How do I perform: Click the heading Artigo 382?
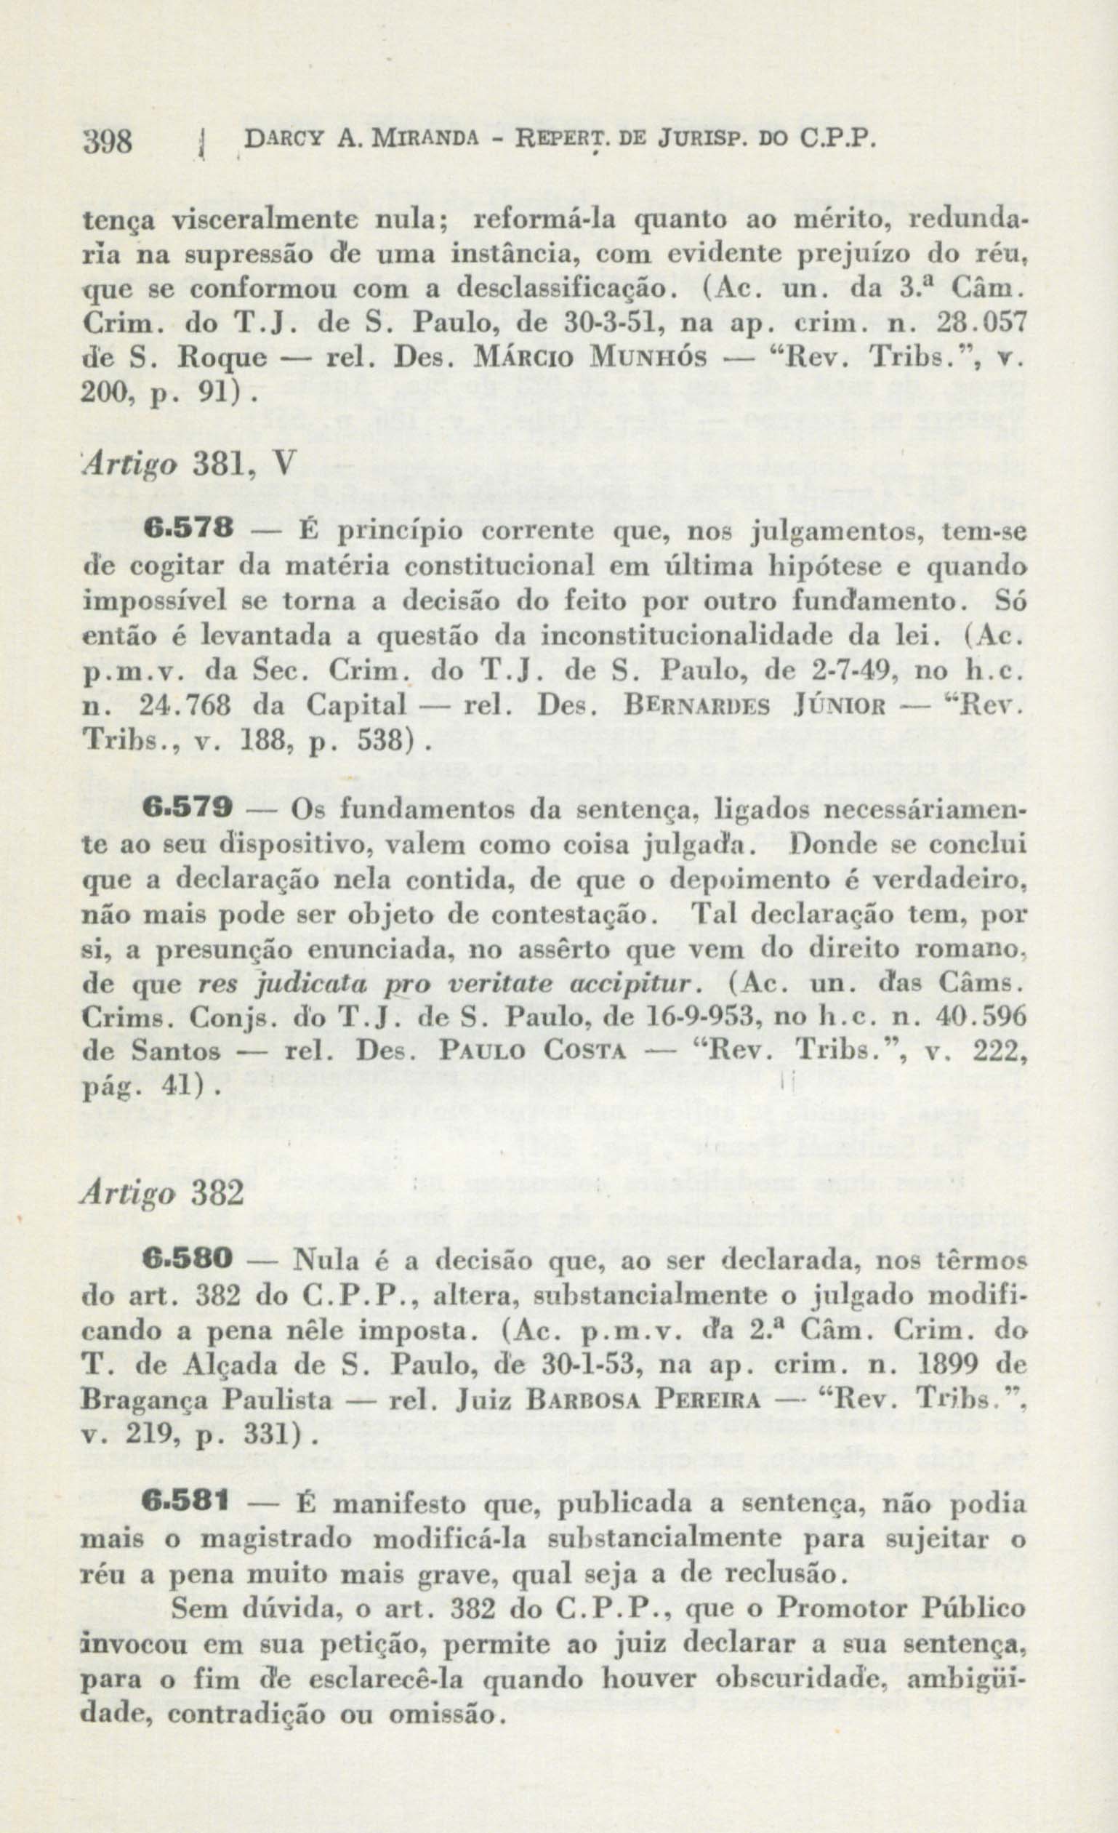point(163,1190)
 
